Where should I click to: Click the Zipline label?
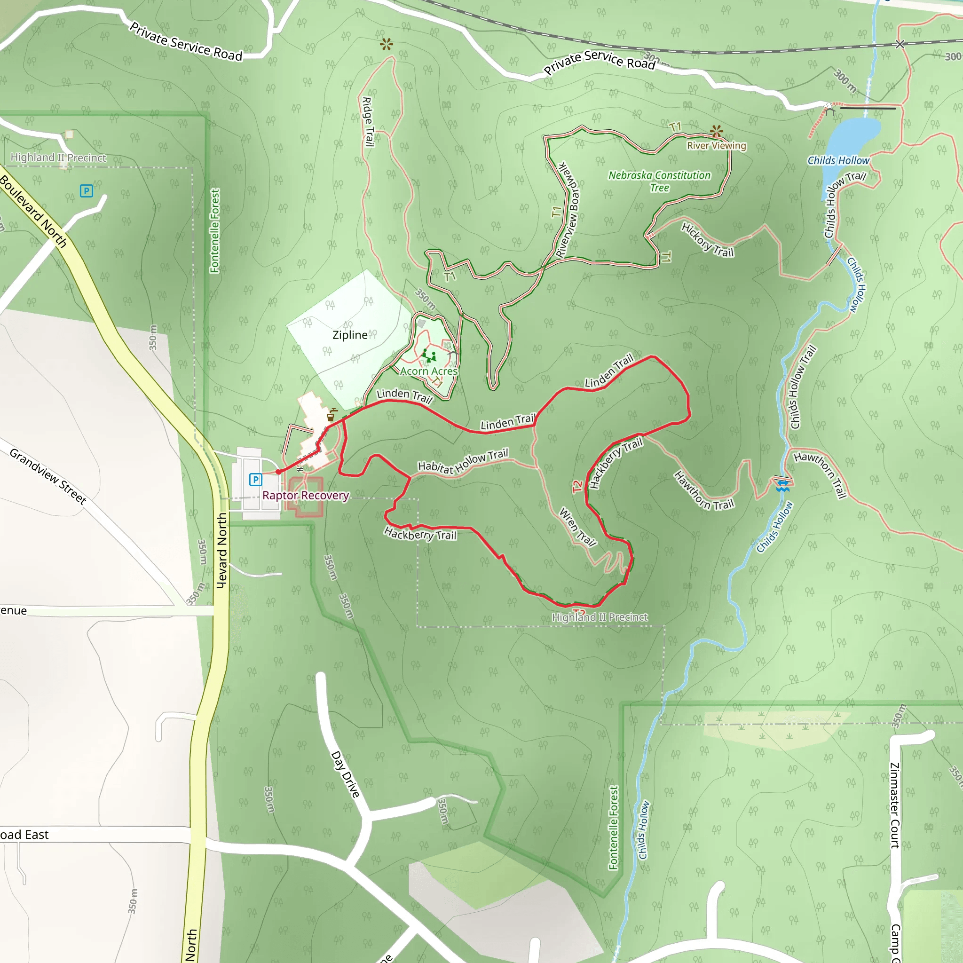(x=350, y=335)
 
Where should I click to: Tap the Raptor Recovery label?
(x=305, y=496)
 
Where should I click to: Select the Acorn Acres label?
(x=429, y=371)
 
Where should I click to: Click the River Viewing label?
(x=716, y=146)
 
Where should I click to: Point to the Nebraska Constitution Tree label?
(x=659, y=182)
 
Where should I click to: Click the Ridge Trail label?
(x=368, y=122)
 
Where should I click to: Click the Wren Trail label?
(x=578, y=528)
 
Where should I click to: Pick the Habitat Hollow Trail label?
(x=463, y=462)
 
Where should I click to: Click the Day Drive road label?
(x=345, y=774)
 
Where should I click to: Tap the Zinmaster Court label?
(x=895, y=805)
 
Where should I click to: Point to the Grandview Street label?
(x=48, y=476)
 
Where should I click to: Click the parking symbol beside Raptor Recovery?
(x=256, y=480)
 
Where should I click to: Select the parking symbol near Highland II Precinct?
(x=86, y=191)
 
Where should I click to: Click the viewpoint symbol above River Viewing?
(x=717, y=132)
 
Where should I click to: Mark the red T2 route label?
(x=577, y=486)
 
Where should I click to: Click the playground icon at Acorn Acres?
(x=429, y=356)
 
